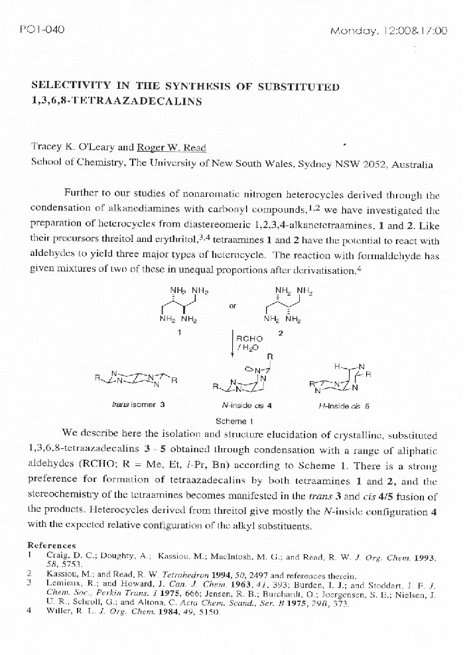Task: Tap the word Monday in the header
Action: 354,30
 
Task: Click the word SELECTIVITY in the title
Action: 70,87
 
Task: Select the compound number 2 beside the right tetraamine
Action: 281,333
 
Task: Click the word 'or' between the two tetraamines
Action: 232,306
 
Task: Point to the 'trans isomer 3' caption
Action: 139,404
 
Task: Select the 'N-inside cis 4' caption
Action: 247,404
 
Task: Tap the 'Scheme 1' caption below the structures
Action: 233,420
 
